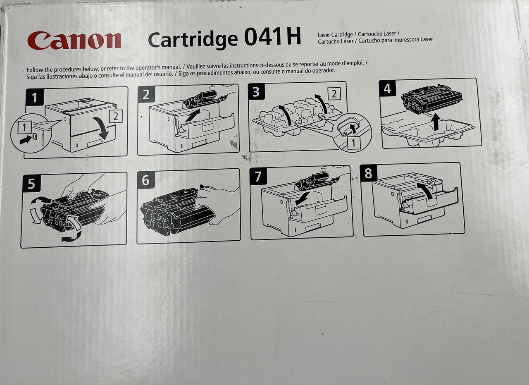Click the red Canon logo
[x=74, y=41]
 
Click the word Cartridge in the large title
[x=193, y=40]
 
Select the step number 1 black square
[x=35, y=97]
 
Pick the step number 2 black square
[x=146, y=94]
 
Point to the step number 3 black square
[x=256, y=92]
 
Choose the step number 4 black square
[x=388, y=88]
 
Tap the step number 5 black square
[x=32, y=183]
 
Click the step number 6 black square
[x=146, y=180]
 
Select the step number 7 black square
[x=258, y=176]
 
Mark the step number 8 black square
[x=368, y=173]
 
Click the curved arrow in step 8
[x=425, y=189]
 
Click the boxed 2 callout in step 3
[x=334, y=93]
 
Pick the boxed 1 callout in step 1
[x=24, y=128]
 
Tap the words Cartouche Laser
[x=377, y=34]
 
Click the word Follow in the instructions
[x=34, y=70]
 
